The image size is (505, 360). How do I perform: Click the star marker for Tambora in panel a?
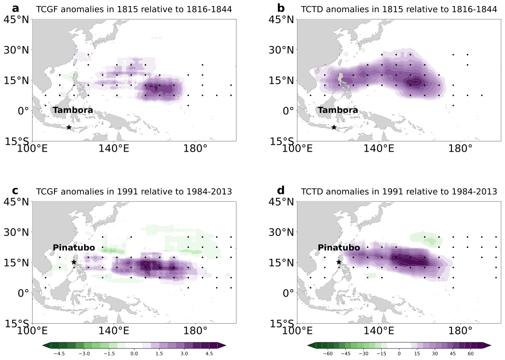pos(69,127)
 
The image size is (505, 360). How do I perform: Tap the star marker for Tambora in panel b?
pos(334,127)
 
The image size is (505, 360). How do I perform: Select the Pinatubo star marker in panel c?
pos(74,262)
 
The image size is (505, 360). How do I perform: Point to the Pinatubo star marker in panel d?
pos(339,262)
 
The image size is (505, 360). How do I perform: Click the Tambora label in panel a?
pos(73,110)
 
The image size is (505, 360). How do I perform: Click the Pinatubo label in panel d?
pos(339,247)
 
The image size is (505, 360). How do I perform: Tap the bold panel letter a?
pos(15,8)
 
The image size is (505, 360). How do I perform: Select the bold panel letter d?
pos(281,190)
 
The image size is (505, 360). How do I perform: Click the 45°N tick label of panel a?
pos(16,20)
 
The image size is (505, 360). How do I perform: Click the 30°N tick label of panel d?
pos(281,232)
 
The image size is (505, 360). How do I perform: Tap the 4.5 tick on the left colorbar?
pos(209,353)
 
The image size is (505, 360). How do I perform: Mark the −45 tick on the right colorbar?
pos(345,353)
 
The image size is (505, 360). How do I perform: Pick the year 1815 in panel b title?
pos(393,9)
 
